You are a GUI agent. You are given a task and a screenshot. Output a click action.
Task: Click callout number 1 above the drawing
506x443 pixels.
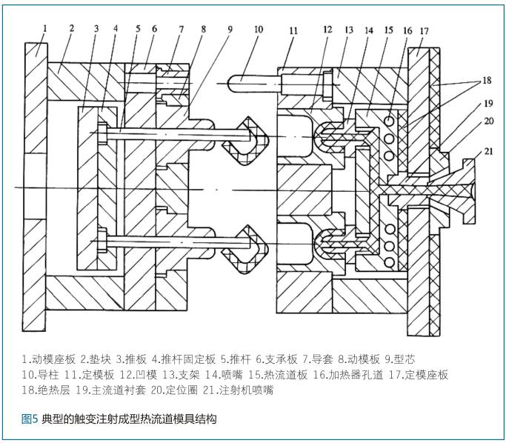[x=45, y=28]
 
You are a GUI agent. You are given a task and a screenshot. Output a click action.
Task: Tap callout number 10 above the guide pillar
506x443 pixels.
[x=258, y=30]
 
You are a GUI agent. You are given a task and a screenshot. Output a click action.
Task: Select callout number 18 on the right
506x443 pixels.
[x=487, y=80]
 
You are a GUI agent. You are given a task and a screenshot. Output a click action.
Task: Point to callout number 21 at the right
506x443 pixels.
[x=488, y=151]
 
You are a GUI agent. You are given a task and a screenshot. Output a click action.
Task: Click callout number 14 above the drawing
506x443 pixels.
[x=368, y=30]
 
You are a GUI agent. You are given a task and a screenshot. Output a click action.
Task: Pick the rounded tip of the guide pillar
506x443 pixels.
[x=231, y=83]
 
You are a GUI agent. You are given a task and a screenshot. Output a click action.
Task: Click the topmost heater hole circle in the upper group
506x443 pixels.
[x=390, y=121]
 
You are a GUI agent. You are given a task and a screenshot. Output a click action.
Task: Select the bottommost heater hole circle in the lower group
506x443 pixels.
[x=390, y=263]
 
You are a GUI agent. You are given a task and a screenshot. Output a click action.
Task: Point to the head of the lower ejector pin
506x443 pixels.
[x=102, y=240]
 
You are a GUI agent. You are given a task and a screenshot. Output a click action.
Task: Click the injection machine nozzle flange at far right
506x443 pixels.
[x=469, y=191]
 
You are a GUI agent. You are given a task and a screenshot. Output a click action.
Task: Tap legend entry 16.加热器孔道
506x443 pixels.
[x=348, y=375]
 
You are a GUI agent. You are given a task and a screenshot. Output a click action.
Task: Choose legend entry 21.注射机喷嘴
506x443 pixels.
[x=238, y=390]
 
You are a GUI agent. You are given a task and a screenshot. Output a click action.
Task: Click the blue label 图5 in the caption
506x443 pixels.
[x=30, y=419]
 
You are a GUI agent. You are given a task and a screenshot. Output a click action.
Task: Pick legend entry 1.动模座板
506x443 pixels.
[x=49, y=359]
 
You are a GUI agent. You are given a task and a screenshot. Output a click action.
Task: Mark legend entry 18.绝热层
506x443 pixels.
[x=46, y=390]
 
